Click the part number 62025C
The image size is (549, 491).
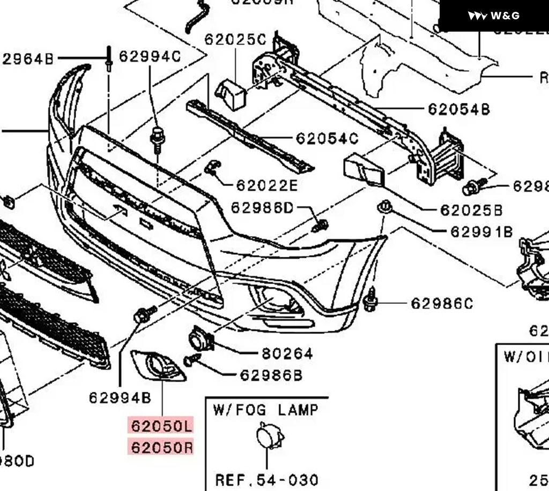coord(235,40)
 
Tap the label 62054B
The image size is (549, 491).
coord(459,110)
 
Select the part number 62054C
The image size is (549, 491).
coord(327,139)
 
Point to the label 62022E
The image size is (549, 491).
coord(266,186)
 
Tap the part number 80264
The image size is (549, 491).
coord(287,354)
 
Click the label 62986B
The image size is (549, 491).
coord(271,375)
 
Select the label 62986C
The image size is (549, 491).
coord(442,304)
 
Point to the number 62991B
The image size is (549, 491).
coord(481,232)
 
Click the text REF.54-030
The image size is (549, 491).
coord(266,480)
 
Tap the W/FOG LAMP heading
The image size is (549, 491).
coord(266,410)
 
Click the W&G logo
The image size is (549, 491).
coord(494,16)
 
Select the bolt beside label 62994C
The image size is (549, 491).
coord(158,137)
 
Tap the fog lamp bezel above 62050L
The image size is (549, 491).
coord(159,366)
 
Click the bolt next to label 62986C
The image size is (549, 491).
coord(369,302)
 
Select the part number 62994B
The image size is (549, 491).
coord(120,397)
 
